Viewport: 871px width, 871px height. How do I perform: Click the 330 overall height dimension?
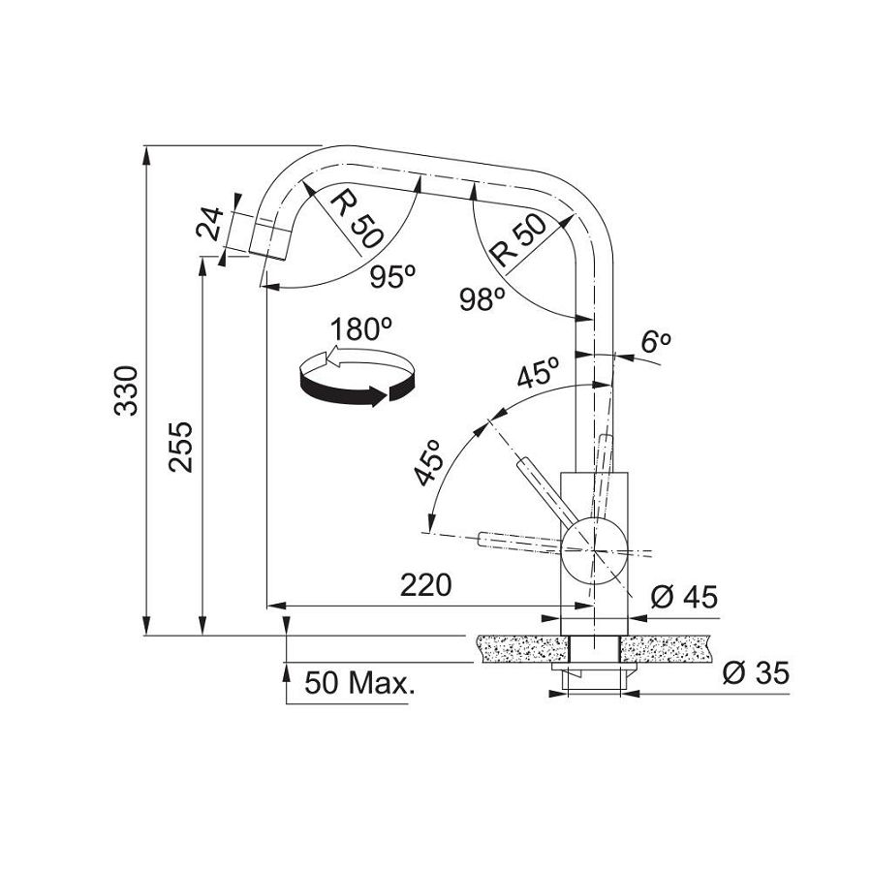[126, 390]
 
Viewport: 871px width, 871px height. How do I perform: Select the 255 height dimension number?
[181, 448]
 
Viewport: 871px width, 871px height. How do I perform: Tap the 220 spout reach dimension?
[426, 584]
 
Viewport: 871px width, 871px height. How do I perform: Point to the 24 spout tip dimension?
[211, 223]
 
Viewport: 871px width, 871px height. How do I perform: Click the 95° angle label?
[392, 276]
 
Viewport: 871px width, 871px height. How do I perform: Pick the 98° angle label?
[482, 299]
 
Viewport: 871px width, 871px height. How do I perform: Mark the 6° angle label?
[656, 342]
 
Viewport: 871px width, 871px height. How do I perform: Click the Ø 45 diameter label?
[684, 597]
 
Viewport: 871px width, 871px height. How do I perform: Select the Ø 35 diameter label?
[756, 673]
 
